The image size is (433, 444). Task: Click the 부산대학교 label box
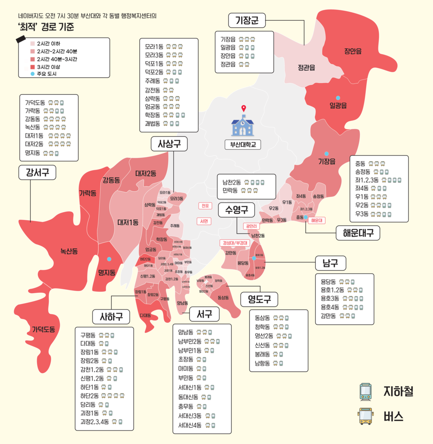(243, 145)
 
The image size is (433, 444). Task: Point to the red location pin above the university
(244, 109)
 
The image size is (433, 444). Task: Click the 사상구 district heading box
(169, 144)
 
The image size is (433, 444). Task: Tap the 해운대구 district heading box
(358, 233)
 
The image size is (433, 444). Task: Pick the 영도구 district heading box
(259, 299)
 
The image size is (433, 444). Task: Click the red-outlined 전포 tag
(205, 206)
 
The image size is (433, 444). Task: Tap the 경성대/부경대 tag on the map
(235, 243)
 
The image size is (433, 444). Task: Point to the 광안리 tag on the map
(251, 226)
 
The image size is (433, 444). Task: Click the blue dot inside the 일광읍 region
(337, 97)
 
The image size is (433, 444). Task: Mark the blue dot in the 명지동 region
(109, 259)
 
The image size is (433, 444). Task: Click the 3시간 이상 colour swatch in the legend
(32, 67)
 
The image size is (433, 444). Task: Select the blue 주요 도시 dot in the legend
(32, 74)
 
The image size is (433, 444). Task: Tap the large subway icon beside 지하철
(365, 391)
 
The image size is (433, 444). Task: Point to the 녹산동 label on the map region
(69, 251)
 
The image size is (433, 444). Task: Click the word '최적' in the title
(27, 27)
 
